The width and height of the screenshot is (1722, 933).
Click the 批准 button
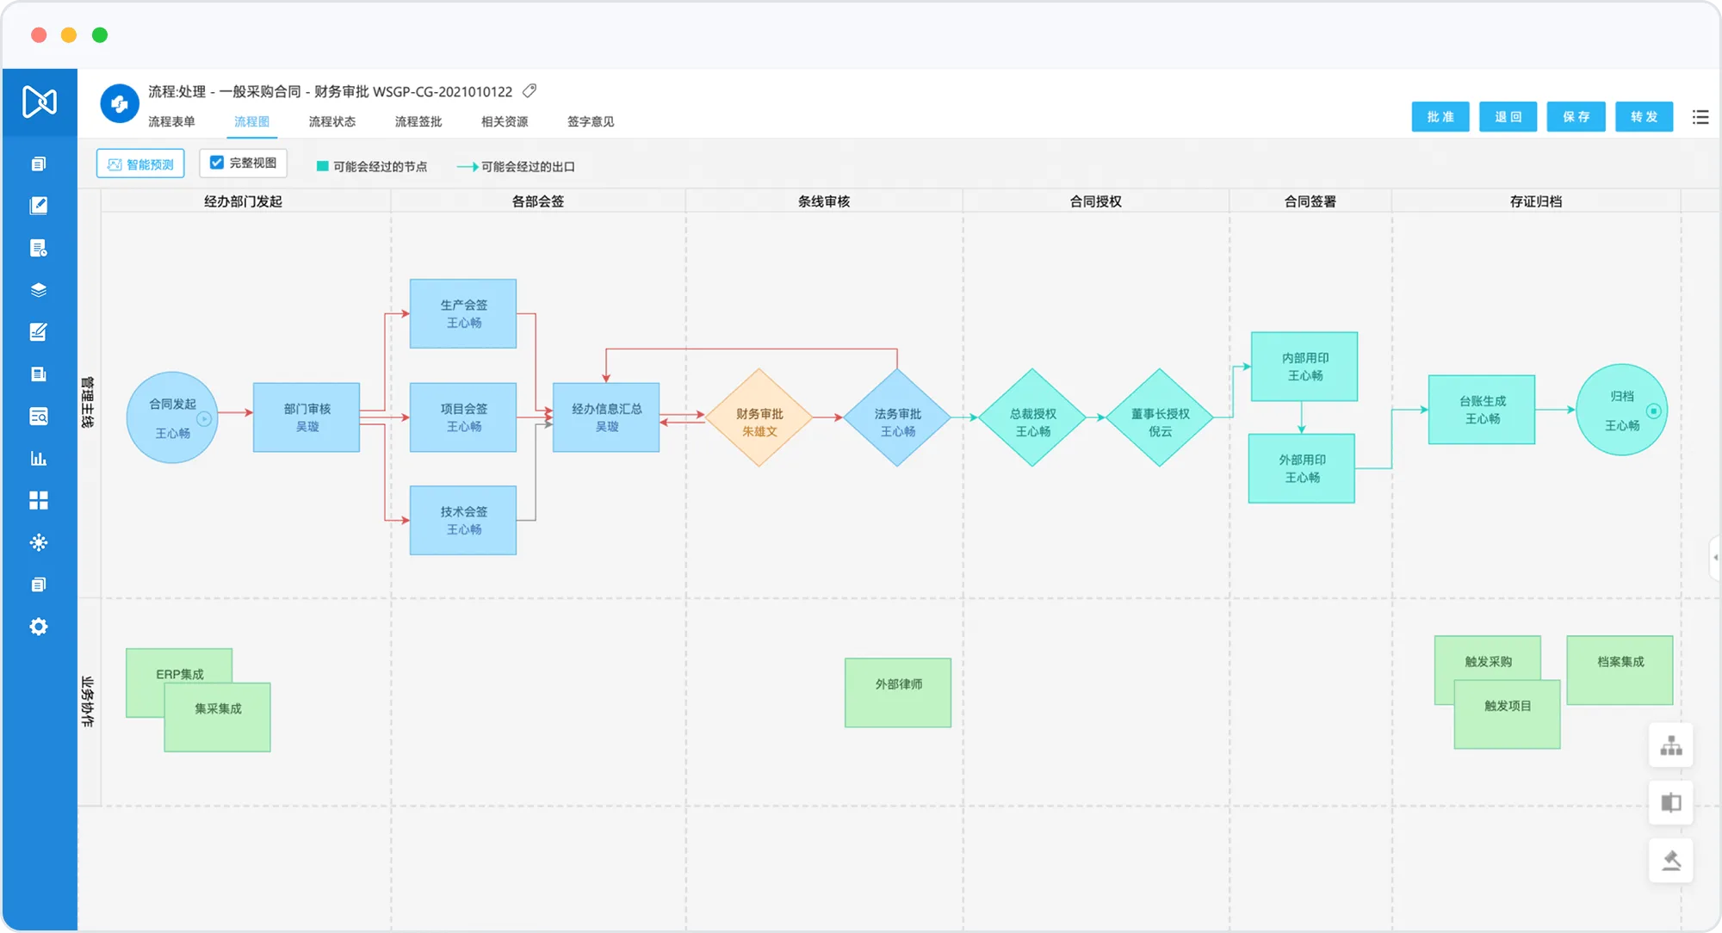coord(1440,117)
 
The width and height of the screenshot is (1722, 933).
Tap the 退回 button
coord(1508,117)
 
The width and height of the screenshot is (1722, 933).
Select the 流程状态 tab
coord(332,121)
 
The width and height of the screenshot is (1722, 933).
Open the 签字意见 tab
coord(591,121)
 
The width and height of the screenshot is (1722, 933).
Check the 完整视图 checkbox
coord(217,163)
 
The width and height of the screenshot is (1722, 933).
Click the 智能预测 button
coord(140,164)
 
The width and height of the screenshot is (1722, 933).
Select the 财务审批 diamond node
coord(759,417)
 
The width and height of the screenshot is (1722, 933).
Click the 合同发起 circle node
coord(172,417)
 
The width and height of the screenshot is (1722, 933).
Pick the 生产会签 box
coord(463,313)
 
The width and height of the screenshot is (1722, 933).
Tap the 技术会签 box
coord(463,520)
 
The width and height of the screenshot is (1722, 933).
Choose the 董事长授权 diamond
coord(1160,417)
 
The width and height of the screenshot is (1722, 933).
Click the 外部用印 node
coord(1302,468)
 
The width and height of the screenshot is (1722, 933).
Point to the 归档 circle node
coord(1622,410)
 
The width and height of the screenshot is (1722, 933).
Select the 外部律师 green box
coord(898,693)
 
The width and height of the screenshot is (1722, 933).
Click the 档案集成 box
coord(1620,670)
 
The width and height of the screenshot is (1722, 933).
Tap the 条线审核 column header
coord(824,201)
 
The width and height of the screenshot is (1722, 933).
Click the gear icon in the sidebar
coord(39,627)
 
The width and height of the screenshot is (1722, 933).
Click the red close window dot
coord(39,34)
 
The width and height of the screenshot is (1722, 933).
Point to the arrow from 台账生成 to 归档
coord(1556,410)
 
